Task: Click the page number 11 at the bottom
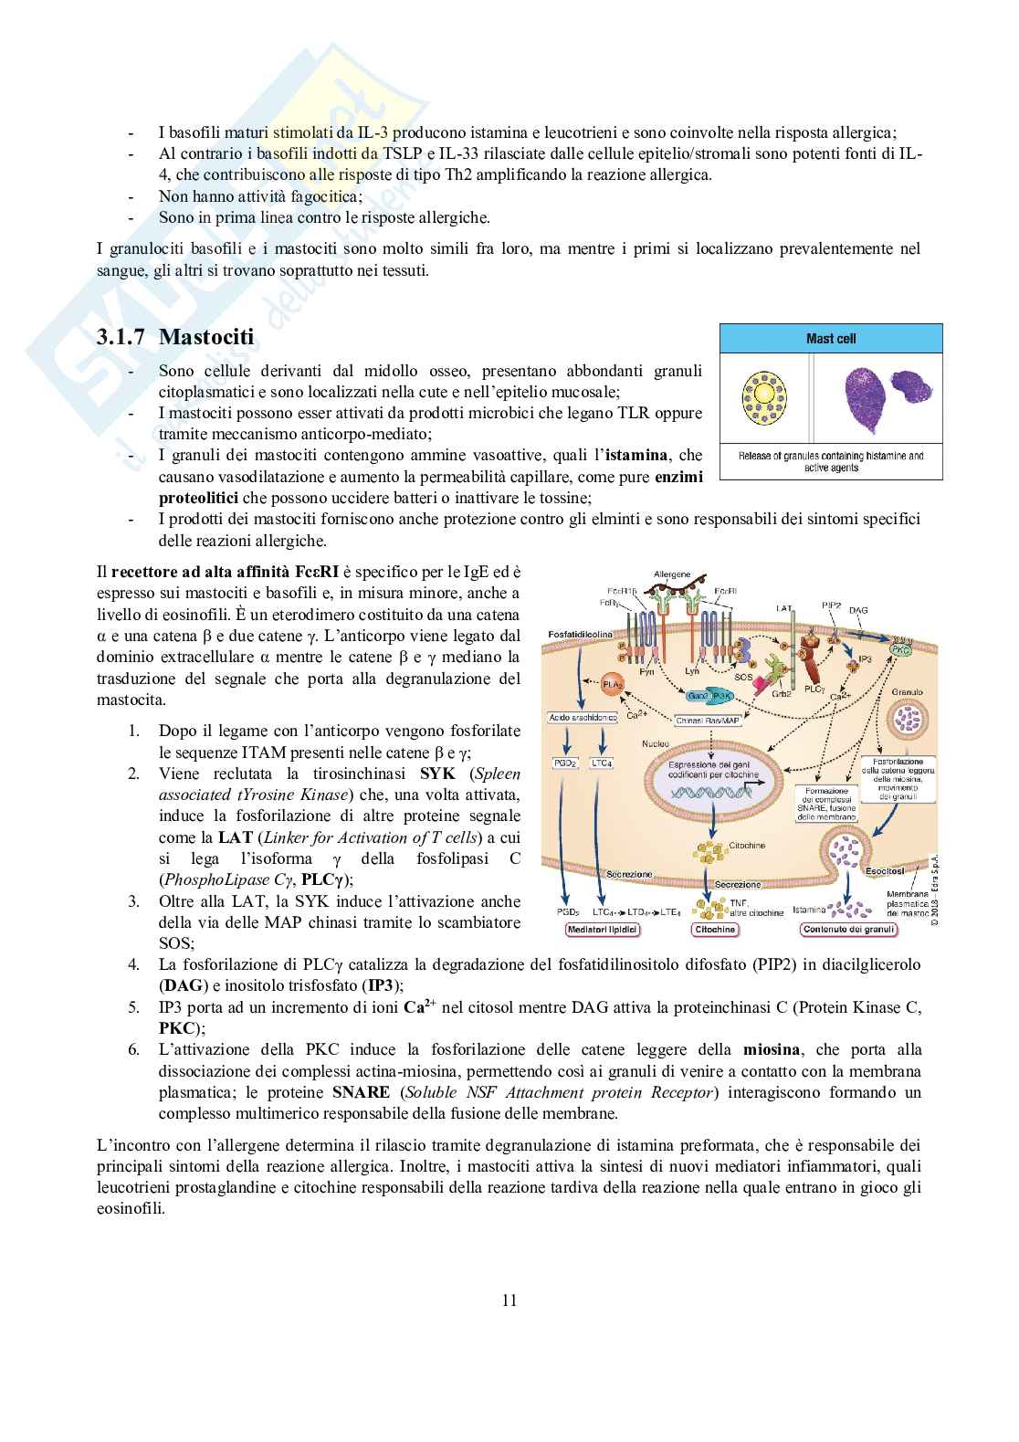click(x=509, y=1300)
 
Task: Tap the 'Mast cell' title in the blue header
click(x=831, y=339)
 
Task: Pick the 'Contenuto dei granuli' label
click(x=848, y=930)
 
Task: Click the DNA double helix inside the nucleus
click(x=712, y=794)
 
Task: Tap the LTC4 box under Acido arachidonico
click(x=603, y=762)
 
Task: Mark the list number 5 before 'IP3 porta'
click(x=133, y=1007)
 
